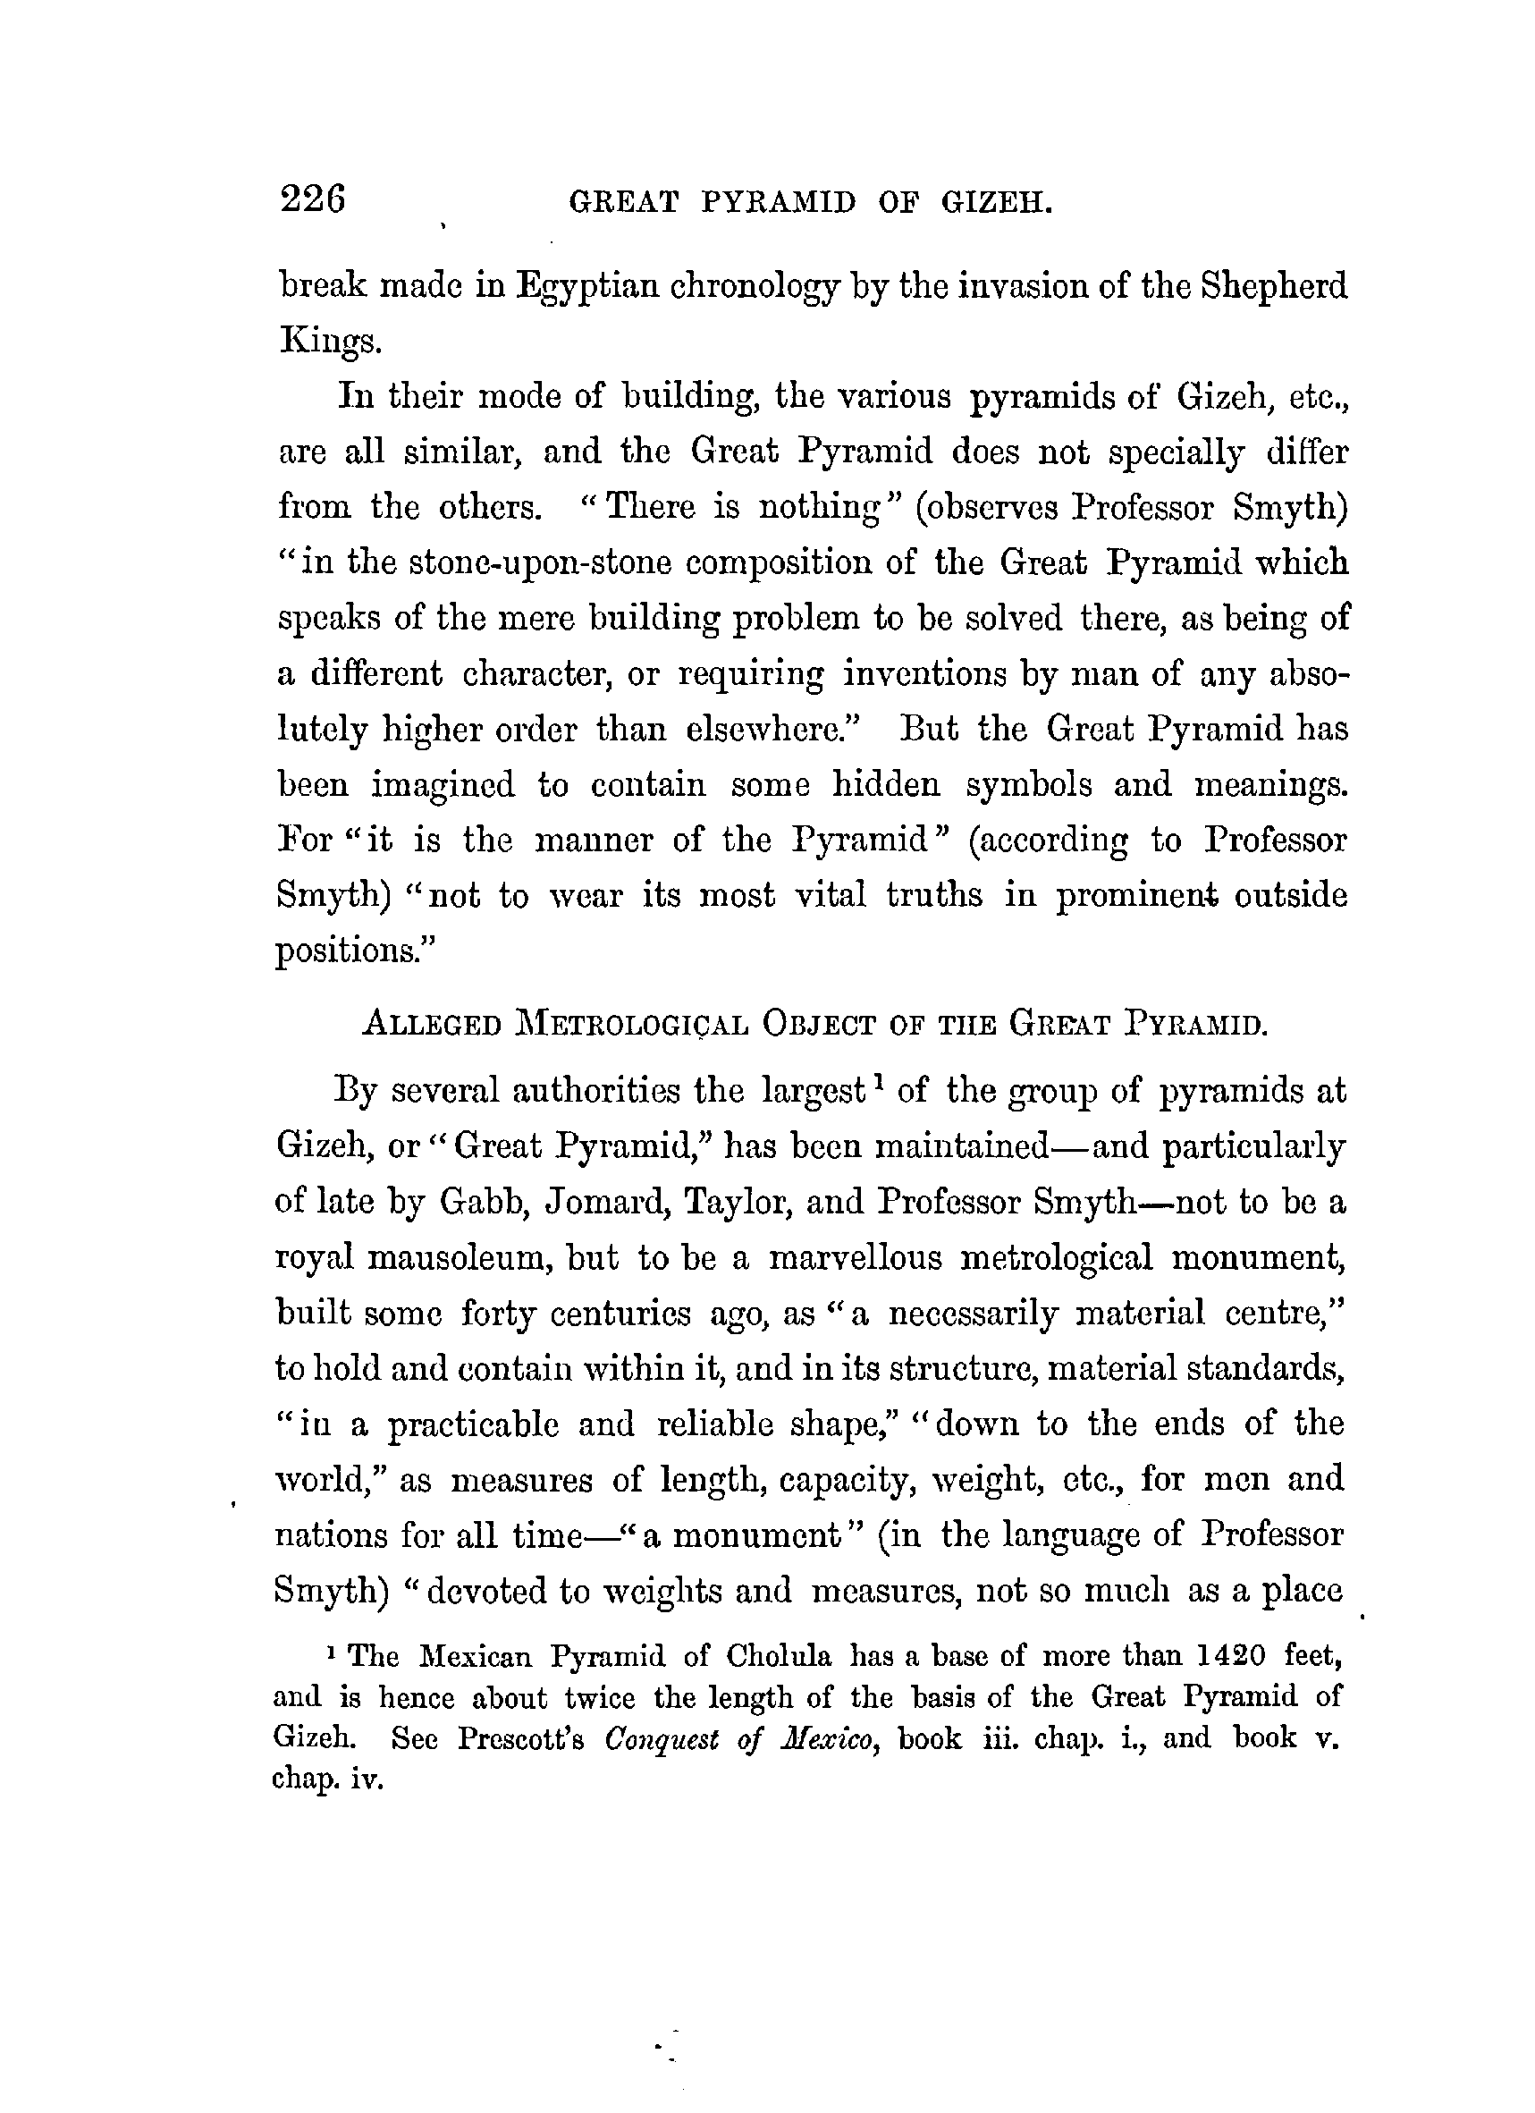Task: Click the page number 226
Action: click(312, 199)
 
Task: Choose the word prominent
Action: click(1136, 895)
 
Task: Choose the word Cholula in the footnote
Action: click(779, 1655)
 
